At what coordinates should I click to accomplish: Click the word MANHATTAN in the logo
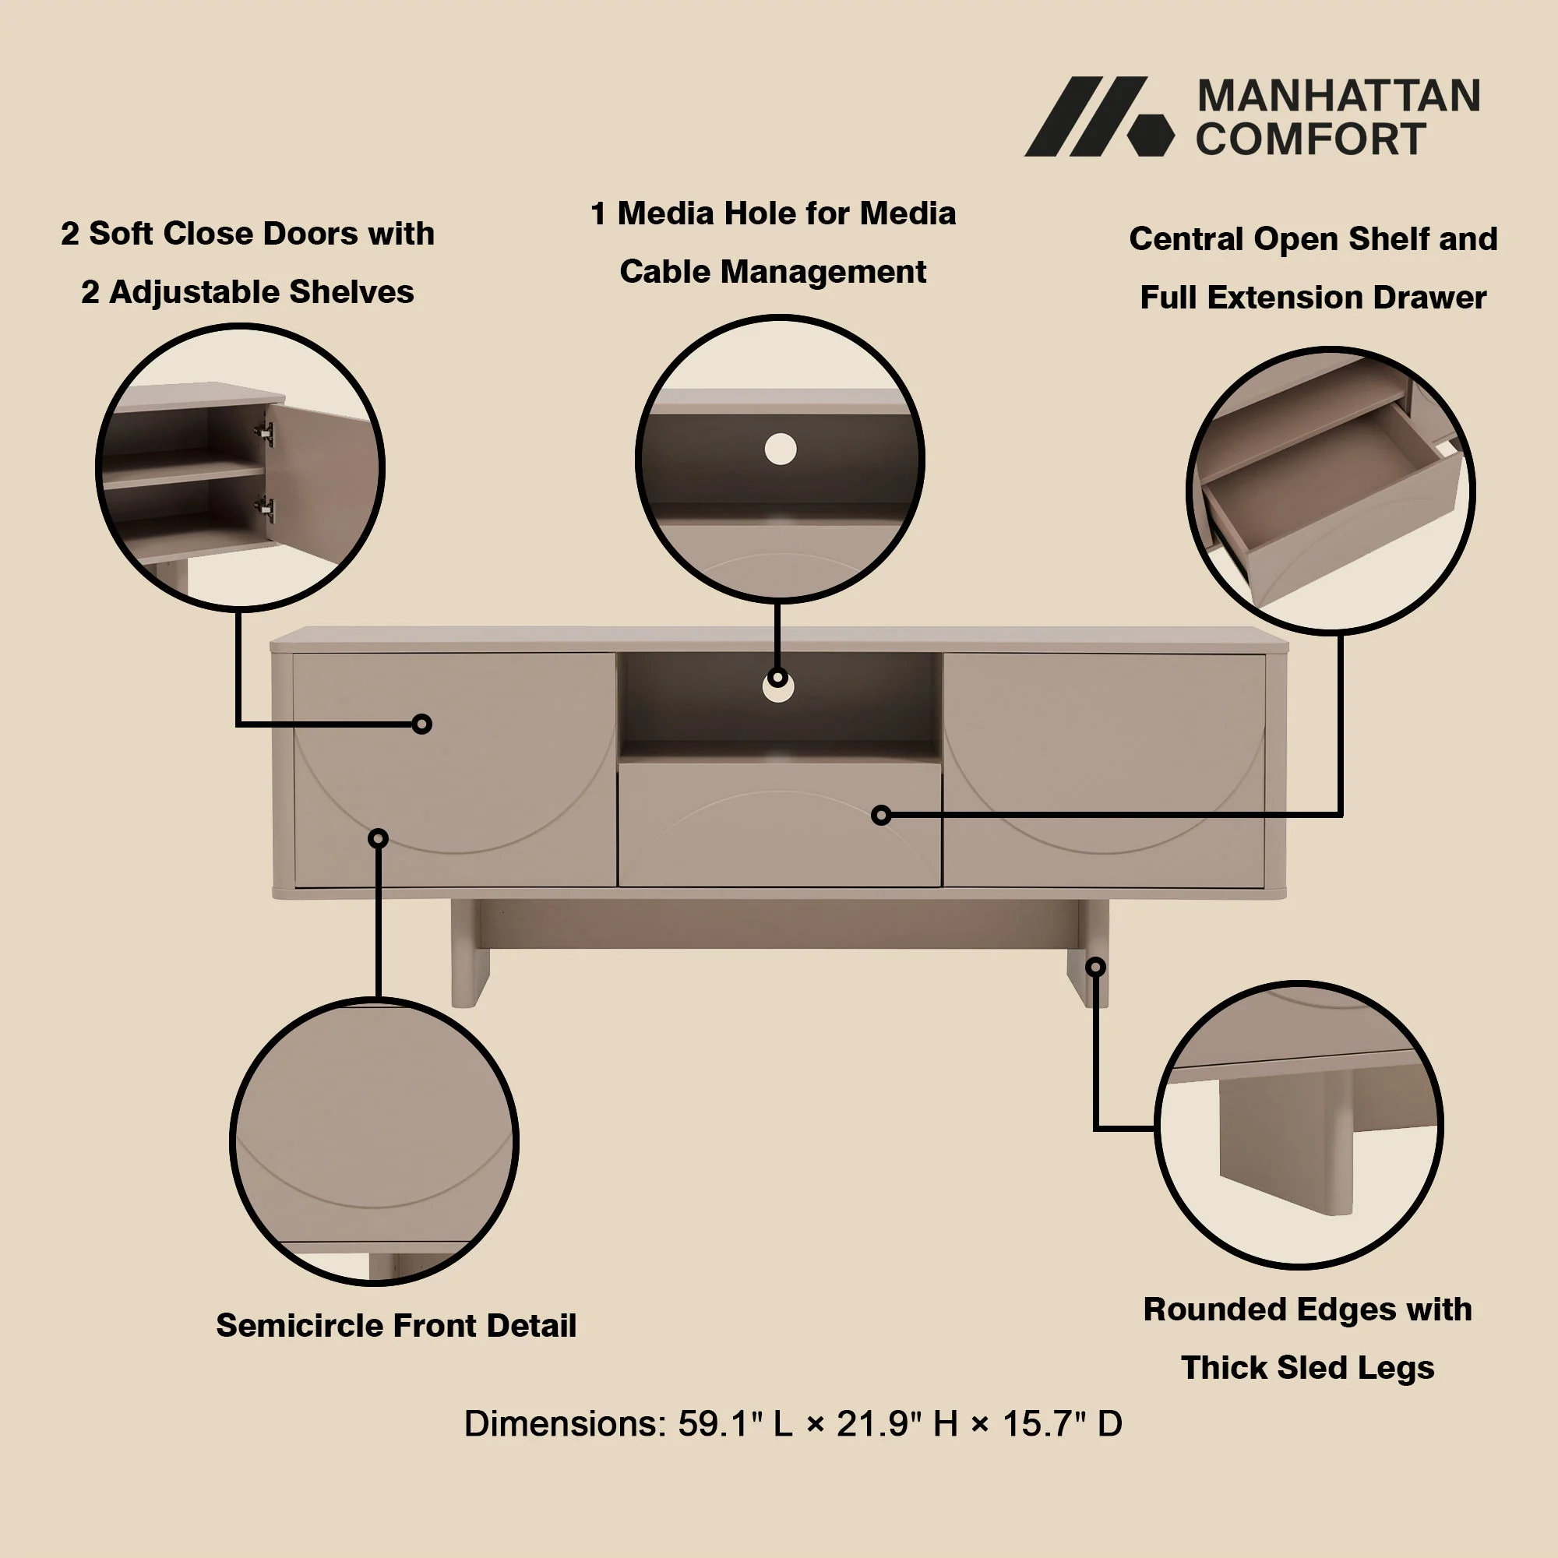click(x=1338, y=96)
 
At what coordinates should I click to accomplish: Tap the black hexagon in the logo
click(x=1151, y=134)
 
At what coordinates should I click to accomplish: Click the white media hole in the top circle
click(x=780, y=449)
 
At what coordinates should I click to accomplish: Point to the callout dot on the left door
click(x=421, y=724)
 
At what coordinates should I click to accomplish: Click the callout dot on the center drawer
click(x=881, y=816)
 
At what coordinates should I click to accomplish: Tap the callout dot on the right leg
click(x=1095, y=966)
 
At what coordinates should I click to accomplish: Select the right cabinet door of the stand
click(x=1103, y=770)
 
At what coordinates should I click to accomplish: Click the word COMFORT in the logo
click(x=1311, y=139)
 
